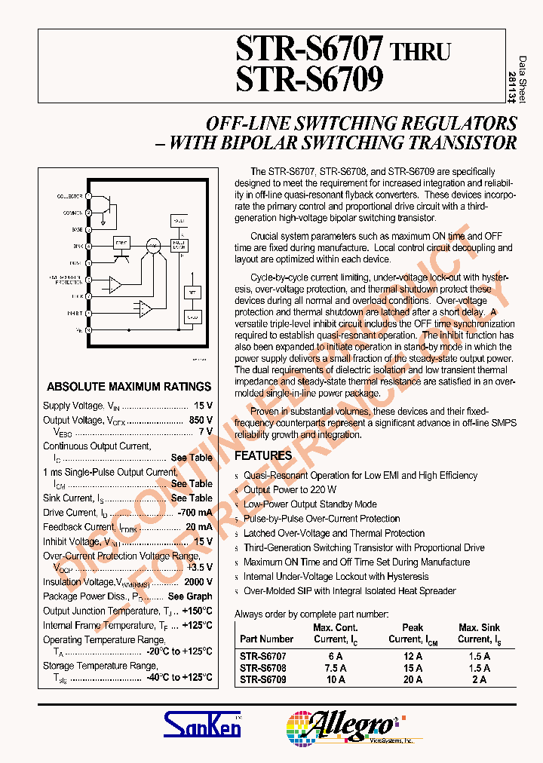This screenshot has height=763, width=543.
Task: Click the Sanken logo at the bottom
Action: click(x=203, y=725)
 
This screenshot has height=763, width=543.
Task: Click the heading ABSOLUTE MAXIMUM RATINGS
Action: click(x=129, y=387)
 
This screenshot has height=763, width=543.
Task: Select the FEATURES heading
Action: click(x=263, y=456)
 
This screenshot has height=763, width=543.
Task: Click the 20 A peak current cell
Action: click(x=413, y=679)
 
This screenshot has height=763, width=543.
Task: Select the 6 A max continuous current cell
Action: click(x=335, y=657)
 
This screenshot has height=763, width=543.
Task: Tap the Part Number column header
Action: click(x=267, y=639)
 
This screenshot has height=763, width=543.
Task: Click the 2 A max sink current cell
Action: click(x=479, y=679)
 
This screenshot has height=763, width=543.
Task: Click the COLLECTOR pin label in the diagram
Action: click(x=70, y=196)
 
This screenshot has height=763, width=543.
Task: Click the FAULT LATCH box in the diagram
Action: click(x=178, y=245)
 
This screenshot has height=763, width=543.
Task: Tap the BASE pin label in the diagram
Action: click(x=77, y=229)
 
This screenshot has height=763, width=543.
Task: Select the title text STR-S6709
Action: click(x=309, y=79)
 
